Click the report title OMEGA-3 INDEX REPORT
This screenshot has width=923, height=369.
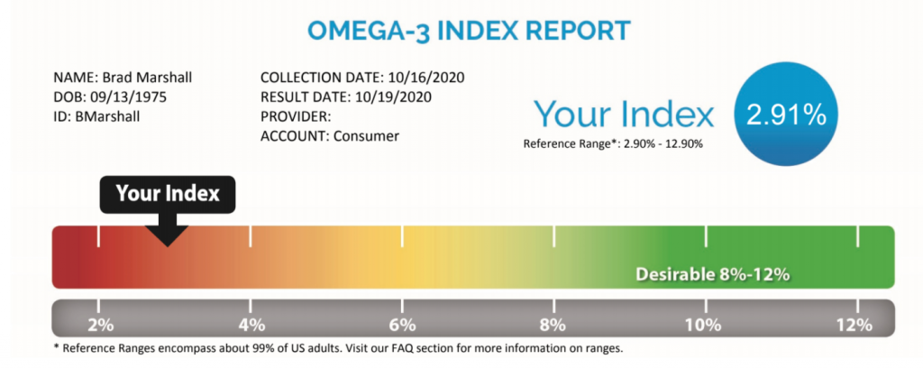469,32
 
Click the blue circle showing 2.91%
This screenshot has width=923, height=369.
786,116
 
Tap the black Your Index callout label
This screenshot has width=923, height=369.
167,194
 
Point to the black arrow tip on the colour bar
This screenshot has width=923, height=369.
168,245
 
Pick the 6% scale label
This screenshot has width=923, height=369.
402,325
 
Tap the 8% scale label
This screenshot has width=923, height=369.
554,325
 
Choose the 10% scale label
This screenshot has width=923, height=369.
706,325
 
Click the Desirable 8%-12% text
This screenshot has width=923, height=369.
712,274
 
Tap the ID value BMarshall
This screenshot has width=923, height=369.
108,116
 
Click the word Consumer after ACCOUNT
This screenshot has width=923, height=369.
367,135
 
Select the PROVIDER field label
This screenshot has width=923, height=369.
296,116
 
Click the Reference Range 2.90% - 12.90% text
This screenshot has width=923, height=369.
613,143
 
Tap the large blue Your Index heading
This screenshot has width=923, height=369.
624,113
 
